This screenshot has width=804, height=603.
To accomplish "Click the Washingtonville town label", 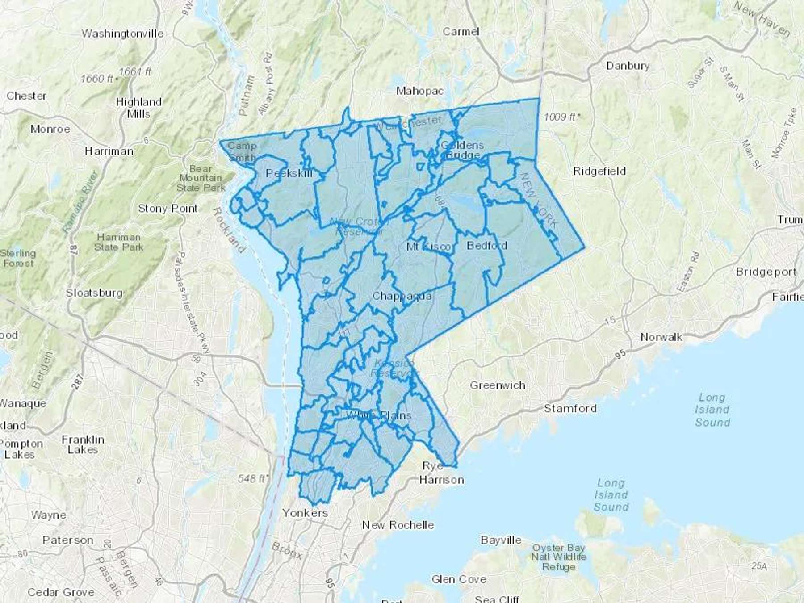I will [122, 34].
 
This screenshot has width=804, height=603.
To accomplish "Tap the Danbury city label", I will [628, 66].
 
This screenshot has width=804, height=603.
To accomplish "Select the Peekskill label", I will [289, 173].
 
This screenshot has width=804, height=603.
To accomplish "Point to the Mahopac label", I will [420, 91].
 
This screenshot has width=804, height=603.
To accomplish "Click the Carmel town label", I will [461, 32].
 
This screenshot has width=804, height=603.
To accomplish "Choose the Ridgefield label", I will [599, 171].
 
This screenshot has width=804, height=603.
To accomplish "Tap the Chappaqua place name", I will [402, 296].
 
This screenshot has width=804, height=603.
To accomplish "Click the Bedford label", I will [487, 246].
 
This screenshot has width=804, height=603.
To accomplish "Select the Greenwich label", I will [498, 385].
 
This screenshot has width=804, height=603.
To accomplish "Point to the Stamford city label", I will [570, 408].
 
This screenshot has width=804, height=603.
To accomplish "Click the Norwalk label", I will [661, 337].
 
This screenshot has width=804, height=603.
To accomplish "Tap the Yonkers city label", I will [305, 513].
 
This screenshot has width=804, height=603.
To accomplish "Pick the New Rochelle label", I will [398, 525].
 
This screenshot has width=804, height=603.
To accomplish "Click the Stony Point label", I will [167, 209].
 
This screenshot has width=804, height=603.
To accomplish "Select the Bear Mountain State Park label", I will [201, 178].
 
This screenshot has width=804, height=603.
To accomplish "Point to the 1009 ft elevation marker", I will [561, 117].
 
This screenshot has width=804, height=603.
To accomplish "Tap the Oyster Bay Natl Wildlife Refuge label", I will [558, 557].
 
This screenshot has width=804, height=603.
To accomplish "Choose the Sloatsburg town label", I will [94, 293].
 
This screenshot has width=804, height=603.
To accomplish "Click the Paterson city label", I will [68, 540].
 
